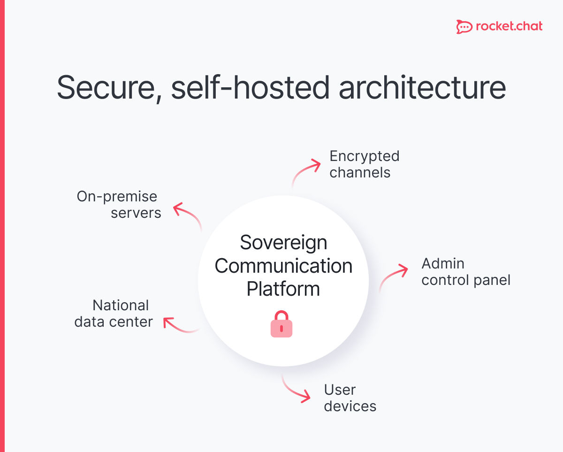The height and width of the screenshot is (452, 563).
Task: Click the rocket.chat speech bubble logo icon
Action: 464,27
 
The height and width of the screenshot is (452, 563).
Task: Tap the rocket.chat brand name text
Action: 509,26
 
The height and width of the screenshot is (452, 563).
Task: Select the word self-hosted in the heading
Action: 250,87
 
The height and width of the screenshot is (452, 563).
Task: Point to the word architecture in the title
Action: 422,88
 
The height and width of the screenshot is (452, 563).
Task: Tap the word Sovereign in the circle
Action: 283,243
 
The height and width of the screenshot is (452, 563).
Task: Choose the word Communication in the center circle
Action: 283,266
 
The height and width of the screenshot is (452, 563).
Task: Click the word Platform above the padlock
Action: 283,289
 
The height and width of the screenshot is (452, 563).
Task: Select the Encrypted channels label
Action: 364,164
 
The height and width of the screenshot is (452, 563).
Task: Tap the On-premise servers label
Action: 119,205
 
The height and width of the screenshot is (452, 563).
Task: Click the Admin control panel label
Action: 465,272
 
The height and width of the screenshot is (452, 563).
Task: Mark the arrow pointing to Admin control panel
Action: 393,277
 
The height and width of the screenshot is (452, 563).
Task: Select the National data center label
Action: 114,314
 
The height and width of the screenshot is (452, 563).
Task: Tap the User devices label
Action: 350,398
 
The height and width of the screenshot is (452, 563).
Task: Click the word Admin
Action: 442,263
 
